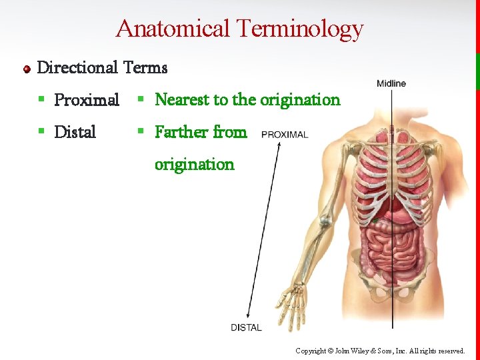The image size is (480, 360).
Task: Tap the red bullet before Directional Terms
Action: (27, 69)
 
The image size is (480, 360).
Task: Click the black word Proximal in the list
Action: (87, 100)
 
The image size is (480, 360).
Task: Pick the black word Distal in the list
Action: (75, 132)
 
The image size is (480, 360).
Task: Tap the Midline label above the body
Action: (391, 83)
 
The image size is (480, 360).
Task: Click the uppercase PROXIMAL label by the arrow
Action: (285, 135)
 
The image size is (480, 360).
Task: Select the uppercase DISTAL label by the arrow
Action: (246, 327)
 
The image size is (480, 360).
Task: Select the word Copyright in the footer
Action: (311, 351)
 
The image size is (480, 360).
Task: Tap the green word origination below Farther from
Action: (195, 164)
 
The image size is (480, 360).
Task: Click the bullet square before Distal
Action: (41, 132)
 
